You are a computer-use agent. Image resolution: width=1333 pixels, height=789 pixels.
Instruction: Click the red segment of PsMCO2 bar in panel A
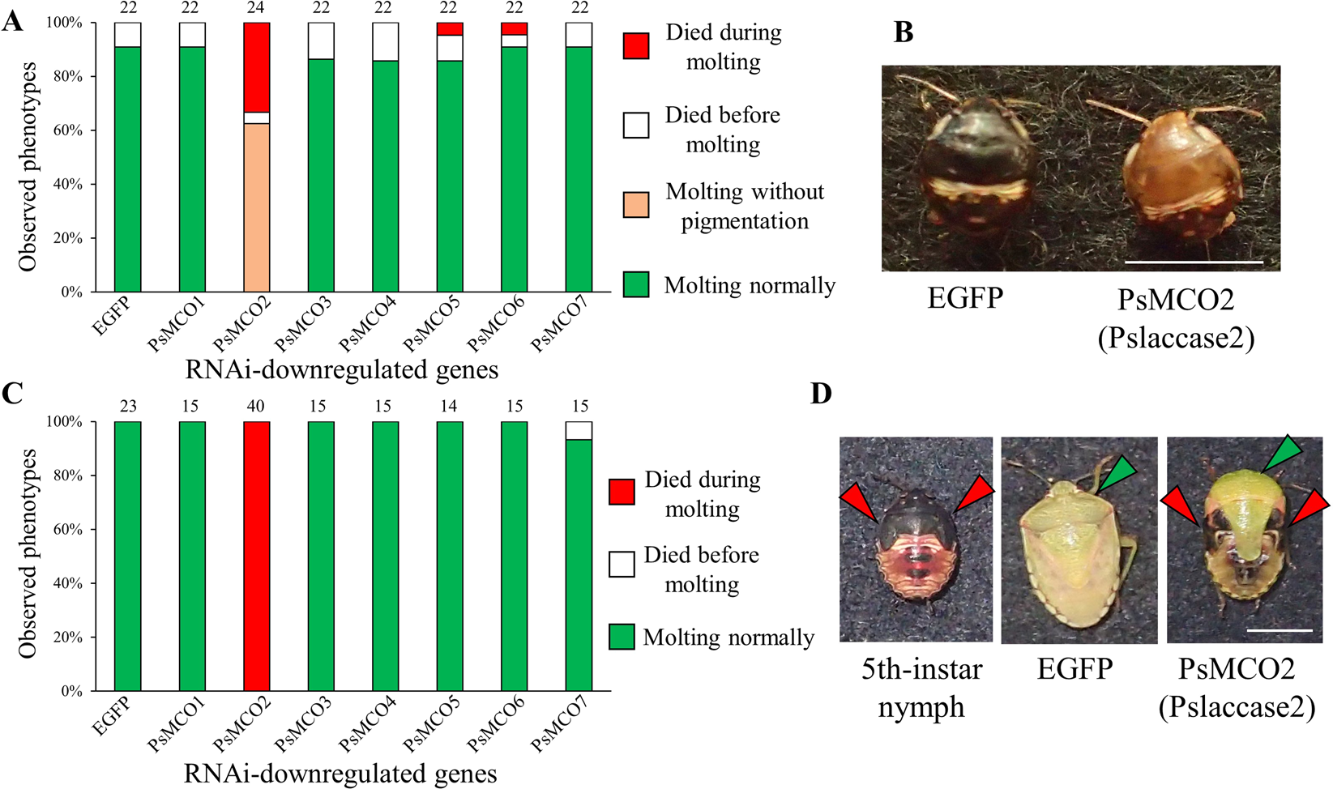(x=257, y=67)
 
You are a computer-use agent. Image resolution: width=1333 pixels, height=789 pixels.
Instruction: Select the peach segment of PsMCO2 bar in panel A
(x=257, y=207)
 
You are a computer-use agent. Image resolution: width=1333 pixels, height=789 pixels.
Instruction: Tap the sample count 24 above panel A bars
(x=256, y=8)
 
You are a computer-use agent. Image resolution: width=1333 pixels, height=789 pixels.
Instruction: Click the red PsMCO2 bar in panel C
(x=257, y=556)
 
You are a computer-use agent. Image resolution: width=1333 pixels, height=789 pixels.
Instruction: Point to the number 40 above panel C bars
(x=255, y=407)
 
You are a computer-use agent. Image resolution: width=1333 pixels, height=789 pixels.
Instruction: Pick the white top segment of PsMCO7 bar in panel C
(x=579, y=431)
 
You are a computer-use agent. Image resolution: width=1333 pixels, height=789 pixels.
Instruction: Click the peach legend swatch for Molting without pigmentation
(x=636, y=205)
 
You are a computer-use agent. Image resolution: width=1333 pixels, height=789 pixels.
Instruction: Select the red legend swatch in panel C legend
(x=622, y=493)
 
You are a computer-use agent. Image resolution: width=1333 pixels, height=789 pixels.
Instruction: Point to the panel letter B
(x=904, y=32)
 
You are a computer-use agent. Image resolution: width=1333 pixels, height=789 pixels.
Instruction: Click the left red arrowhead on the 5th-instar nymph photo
(x=859, y=502)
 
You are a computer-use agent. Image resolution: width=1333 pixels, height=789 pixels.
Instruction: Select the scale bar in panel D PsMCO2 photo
(x=1280, y=629)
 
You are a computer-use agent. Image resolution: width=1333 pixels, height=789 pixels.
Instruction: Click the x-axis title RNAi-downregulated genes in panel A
(x=341, y=370)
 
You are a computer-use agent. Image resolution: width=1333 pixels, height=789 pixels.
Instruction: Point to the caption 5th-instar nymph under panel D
(x=921, y=688)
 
